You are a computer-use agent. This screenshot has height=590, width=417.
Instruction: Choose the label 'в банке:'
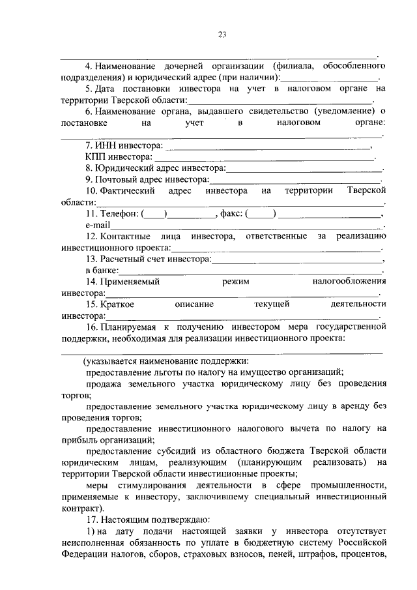102,270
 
